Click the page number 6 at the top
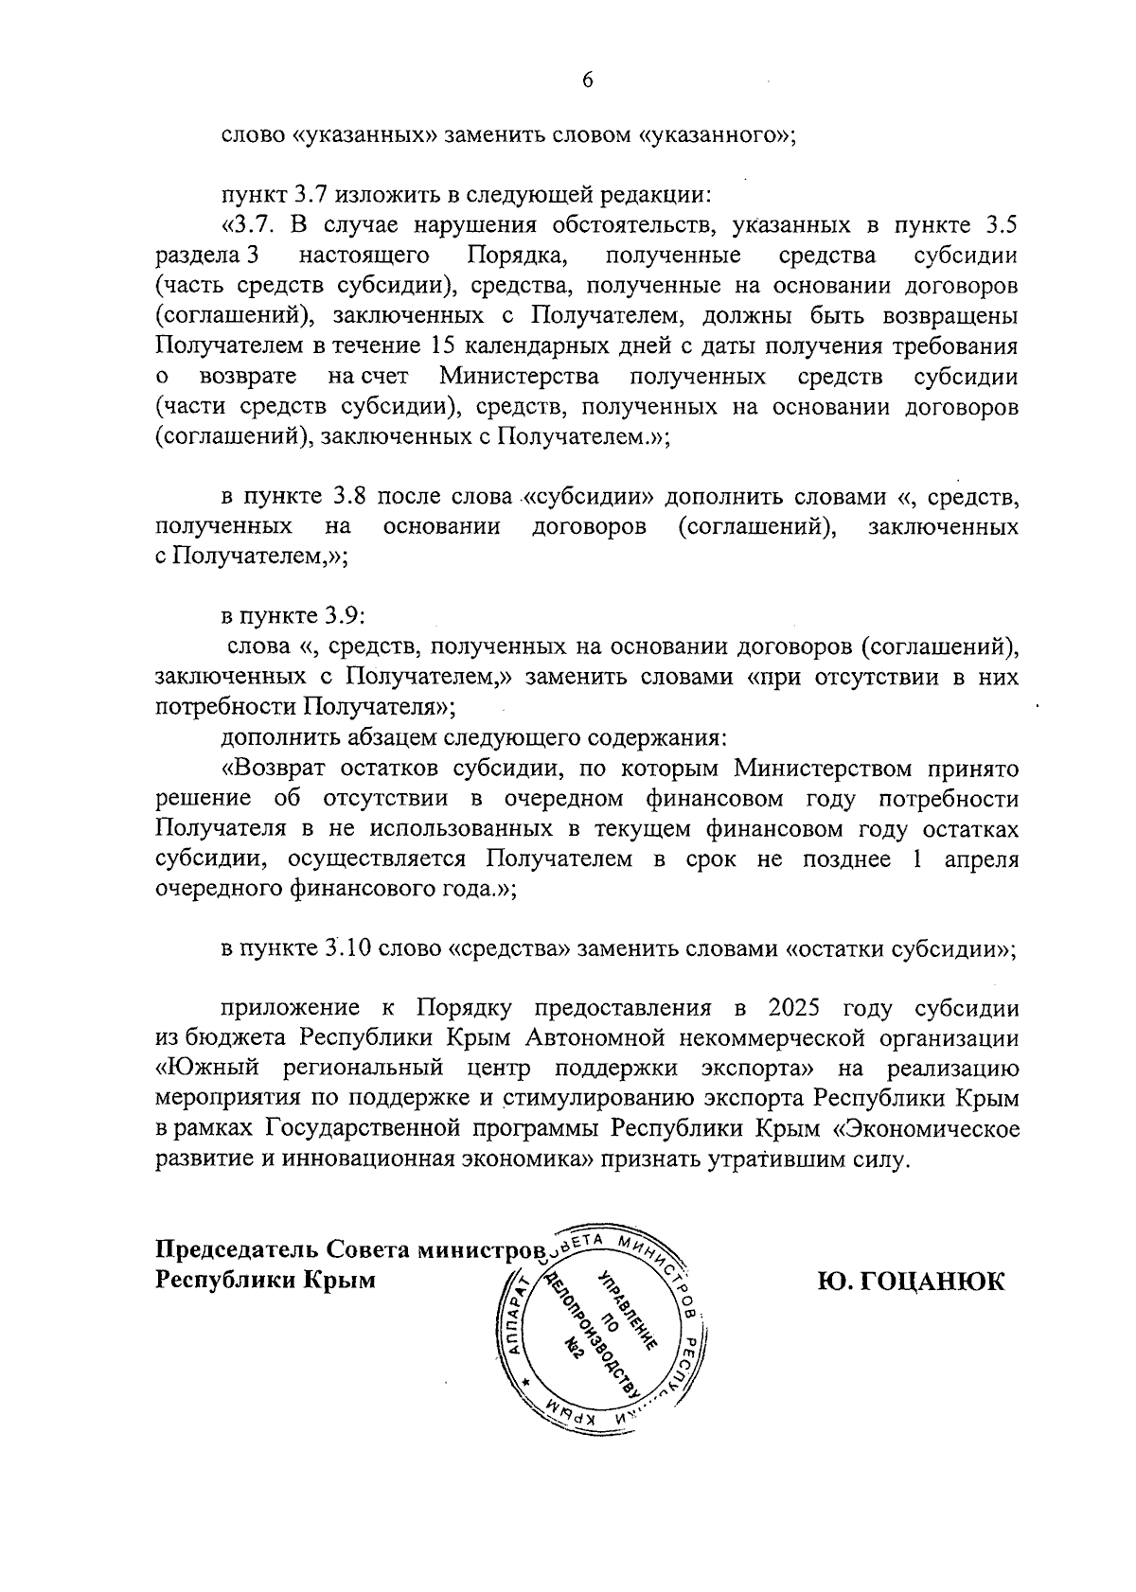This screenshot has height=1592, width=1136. (587, 81)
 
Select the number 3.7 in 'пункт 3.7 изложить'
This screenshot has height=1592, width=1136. (311, 196)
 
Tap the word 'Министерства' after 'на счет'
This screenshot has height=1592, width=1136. (520, 376)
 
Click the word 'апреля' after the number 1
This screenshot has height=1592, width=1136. (984, 859)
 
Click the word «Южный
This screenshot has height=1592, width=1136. (212, 1069)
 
